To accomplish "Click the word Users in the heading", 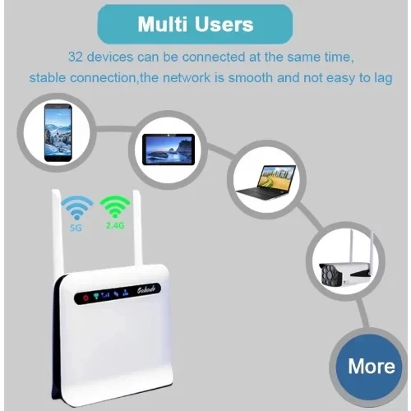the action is pyautogui.click(x=224, y=25).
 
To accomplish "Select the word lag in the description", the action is pyautogui.click(x=383, y=79).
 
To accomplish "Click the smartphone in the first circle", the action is pyautogui.click(x=58, y=132).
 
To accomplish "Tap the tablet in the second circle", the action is pyautogui.click(x=169, y=150).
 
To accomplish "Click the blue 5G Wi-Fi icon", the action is pyautogui.click(x=76, y=207).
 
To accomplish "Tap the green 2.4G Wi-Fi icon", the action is pyautogui.click(x=115, y=206).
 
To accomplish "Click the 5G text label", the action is pyautogui.click(x=76, y=228).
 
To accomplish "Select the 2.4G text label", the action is pyautogui.click(x=115, y=225).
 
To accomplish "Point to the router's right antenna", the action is pyautogui.click(x=137, y=228).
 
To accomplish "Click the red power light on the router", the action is pyautogui.click(x=85, y=298).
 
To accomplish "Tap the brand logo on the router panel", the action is pyautogui.click(x=146, y=289).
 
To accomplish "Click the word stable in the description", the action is pyautogui.click(x=48, y=78).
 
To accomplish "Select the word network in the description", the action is pyautogui.click(x=187, y=78).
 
